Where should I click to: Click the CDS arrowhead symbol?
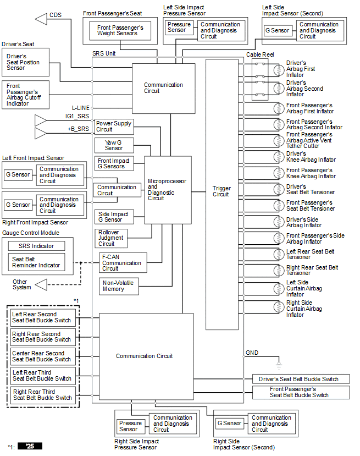41,19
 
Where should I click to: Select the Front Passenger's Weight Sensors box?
120,31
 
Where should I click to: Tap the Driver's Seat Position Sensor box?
26,62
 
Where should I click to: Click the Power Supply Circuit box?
114,127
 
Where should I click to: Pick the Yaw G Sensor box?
114,145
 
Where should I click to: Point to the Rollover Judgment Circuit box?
111,239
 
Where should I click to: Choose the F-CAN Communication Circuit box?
123,263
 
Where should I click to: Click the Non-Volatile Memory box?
119,287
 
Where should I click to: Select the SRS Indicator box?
37,246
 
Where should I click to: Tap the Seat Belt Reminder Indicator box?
37,262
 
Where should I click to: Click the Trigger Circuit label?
221,191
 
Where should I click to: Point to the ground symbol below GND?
279,366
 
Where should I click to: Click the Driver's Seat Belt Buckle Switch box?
301,379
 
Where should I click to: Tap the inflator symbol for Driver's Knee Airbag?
279,157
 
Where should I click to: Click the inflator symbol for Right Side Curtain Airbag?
279,307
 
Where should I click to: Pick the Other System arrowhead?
41,285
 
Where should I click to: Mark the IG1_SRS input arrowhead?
41,120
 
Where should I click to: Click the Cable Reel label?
260,54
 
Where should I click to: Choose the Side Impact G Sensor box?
114,217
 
